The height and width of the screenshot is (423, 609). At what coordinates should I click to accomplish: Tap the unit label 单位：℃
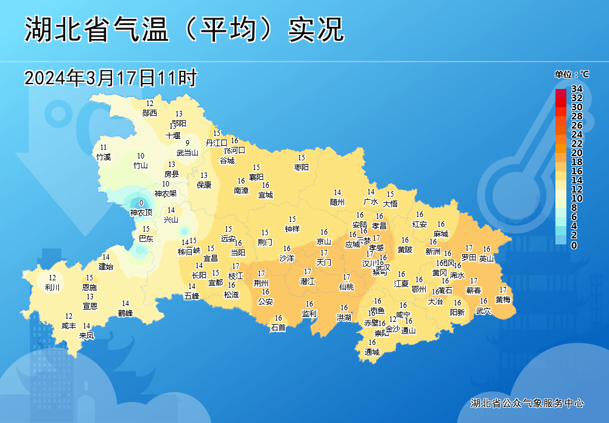coord(571,74)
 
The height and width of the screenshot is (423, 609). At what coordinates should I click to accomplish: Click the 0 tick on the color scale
coord(574,245)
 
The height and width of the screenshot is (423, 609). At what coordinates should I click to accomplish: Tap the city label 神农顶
coord(141,213)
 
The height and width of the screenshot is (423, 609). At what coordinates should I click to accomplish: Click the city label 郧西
coord(150,113)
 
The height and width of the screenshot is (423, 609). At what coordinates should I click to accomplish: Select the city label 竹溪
coord(104,157)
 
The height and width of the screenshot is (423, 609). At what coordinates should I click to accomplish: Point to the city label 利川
coord(52,287)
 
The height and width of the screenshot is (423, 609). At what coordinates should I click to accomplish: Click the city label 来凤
coord(86,335)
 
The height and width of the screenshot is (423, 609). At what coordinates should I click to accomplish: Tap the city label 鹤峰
coord(125,313)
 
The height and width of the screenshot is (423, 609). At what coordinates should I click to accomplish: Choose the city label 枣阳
coord(301,167)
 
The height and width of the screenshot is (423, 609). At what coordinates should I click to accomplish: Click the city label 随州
coord(337,202)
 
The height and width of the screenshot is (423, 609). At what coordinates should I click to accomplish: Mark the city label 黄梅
coord(503,299)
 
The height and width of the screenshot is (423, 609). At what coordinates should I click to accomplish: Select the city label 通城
coord(372,352)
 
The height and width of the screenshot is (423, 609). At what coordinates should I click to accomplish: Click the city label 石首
coord(278,327)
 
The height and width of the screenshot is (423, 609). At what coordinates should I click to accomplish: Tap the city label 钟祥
coord(292,229)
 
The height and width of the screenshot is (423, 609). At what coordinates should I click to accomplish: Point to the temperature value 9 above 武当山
coord(188,143)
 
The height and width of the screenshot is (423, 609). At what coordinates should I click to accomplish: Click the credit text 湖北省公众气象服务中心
coord(527,403)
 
